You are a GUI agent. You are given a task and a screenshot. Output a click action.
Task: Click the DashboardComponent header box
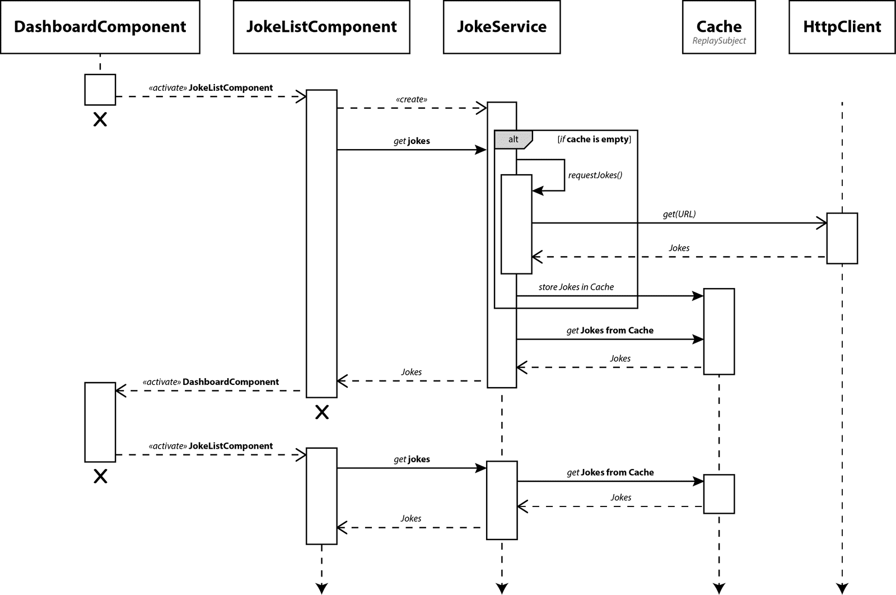coord(100,27)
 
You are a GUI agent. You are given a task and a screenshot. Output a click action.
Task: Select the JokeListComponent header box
coord(321,27)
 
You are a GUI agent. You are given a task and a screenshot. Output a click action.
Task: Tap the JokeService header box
coord(502,27)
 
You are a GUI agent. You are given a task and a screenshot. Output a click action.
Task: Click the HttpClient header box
coord(842,27)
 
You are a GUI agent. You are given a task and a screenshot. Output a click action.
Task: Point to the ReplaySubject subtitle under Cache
coord(719,41)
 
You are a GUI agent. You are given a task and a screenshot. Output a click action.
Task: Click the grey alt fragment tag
coord(512,140)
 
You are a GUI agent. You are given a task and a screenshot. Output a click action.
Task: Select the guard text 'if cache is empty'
coord(594,139)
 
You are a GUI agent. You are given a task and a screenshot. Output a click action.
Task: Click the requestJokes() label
coord(595,175)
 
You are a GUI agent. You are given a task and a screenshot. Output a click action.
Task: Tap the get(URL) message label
coord(679,214)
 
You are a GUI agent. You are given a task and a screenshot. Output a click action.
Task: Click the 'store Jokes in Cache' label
coord(576,287)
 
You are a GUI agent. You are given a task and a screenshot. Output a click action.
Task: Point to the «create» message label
coord(411,99)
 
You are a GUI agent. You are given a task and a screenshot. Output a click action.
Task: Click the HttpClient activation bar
coord(842,238)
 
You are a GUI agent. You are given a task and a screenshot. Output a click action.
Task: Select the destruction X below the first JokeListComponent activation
coord(322,412)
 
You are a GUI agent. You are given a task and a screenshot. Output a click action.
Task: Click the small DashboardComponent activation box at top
coord(100,90)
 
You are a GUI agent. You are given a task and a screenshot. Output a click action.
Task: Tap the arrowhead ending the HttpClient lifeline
coord(842,588)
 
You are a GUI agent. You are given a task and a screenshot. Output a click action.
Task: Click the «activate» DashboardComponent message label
coord(211,382)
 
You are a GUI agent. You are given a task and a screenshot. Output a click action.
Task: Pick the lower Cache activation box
coord(718,494)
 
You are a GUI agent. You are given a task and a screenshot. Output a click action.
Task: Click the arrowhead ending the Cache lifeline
coord(718,588)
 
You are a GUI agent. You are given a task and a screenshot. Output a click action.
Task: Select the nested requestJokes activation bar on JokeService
coord(516,224)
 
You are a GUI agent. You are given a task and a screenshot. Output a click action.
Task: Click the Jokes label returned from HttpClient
coord(679,248)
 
